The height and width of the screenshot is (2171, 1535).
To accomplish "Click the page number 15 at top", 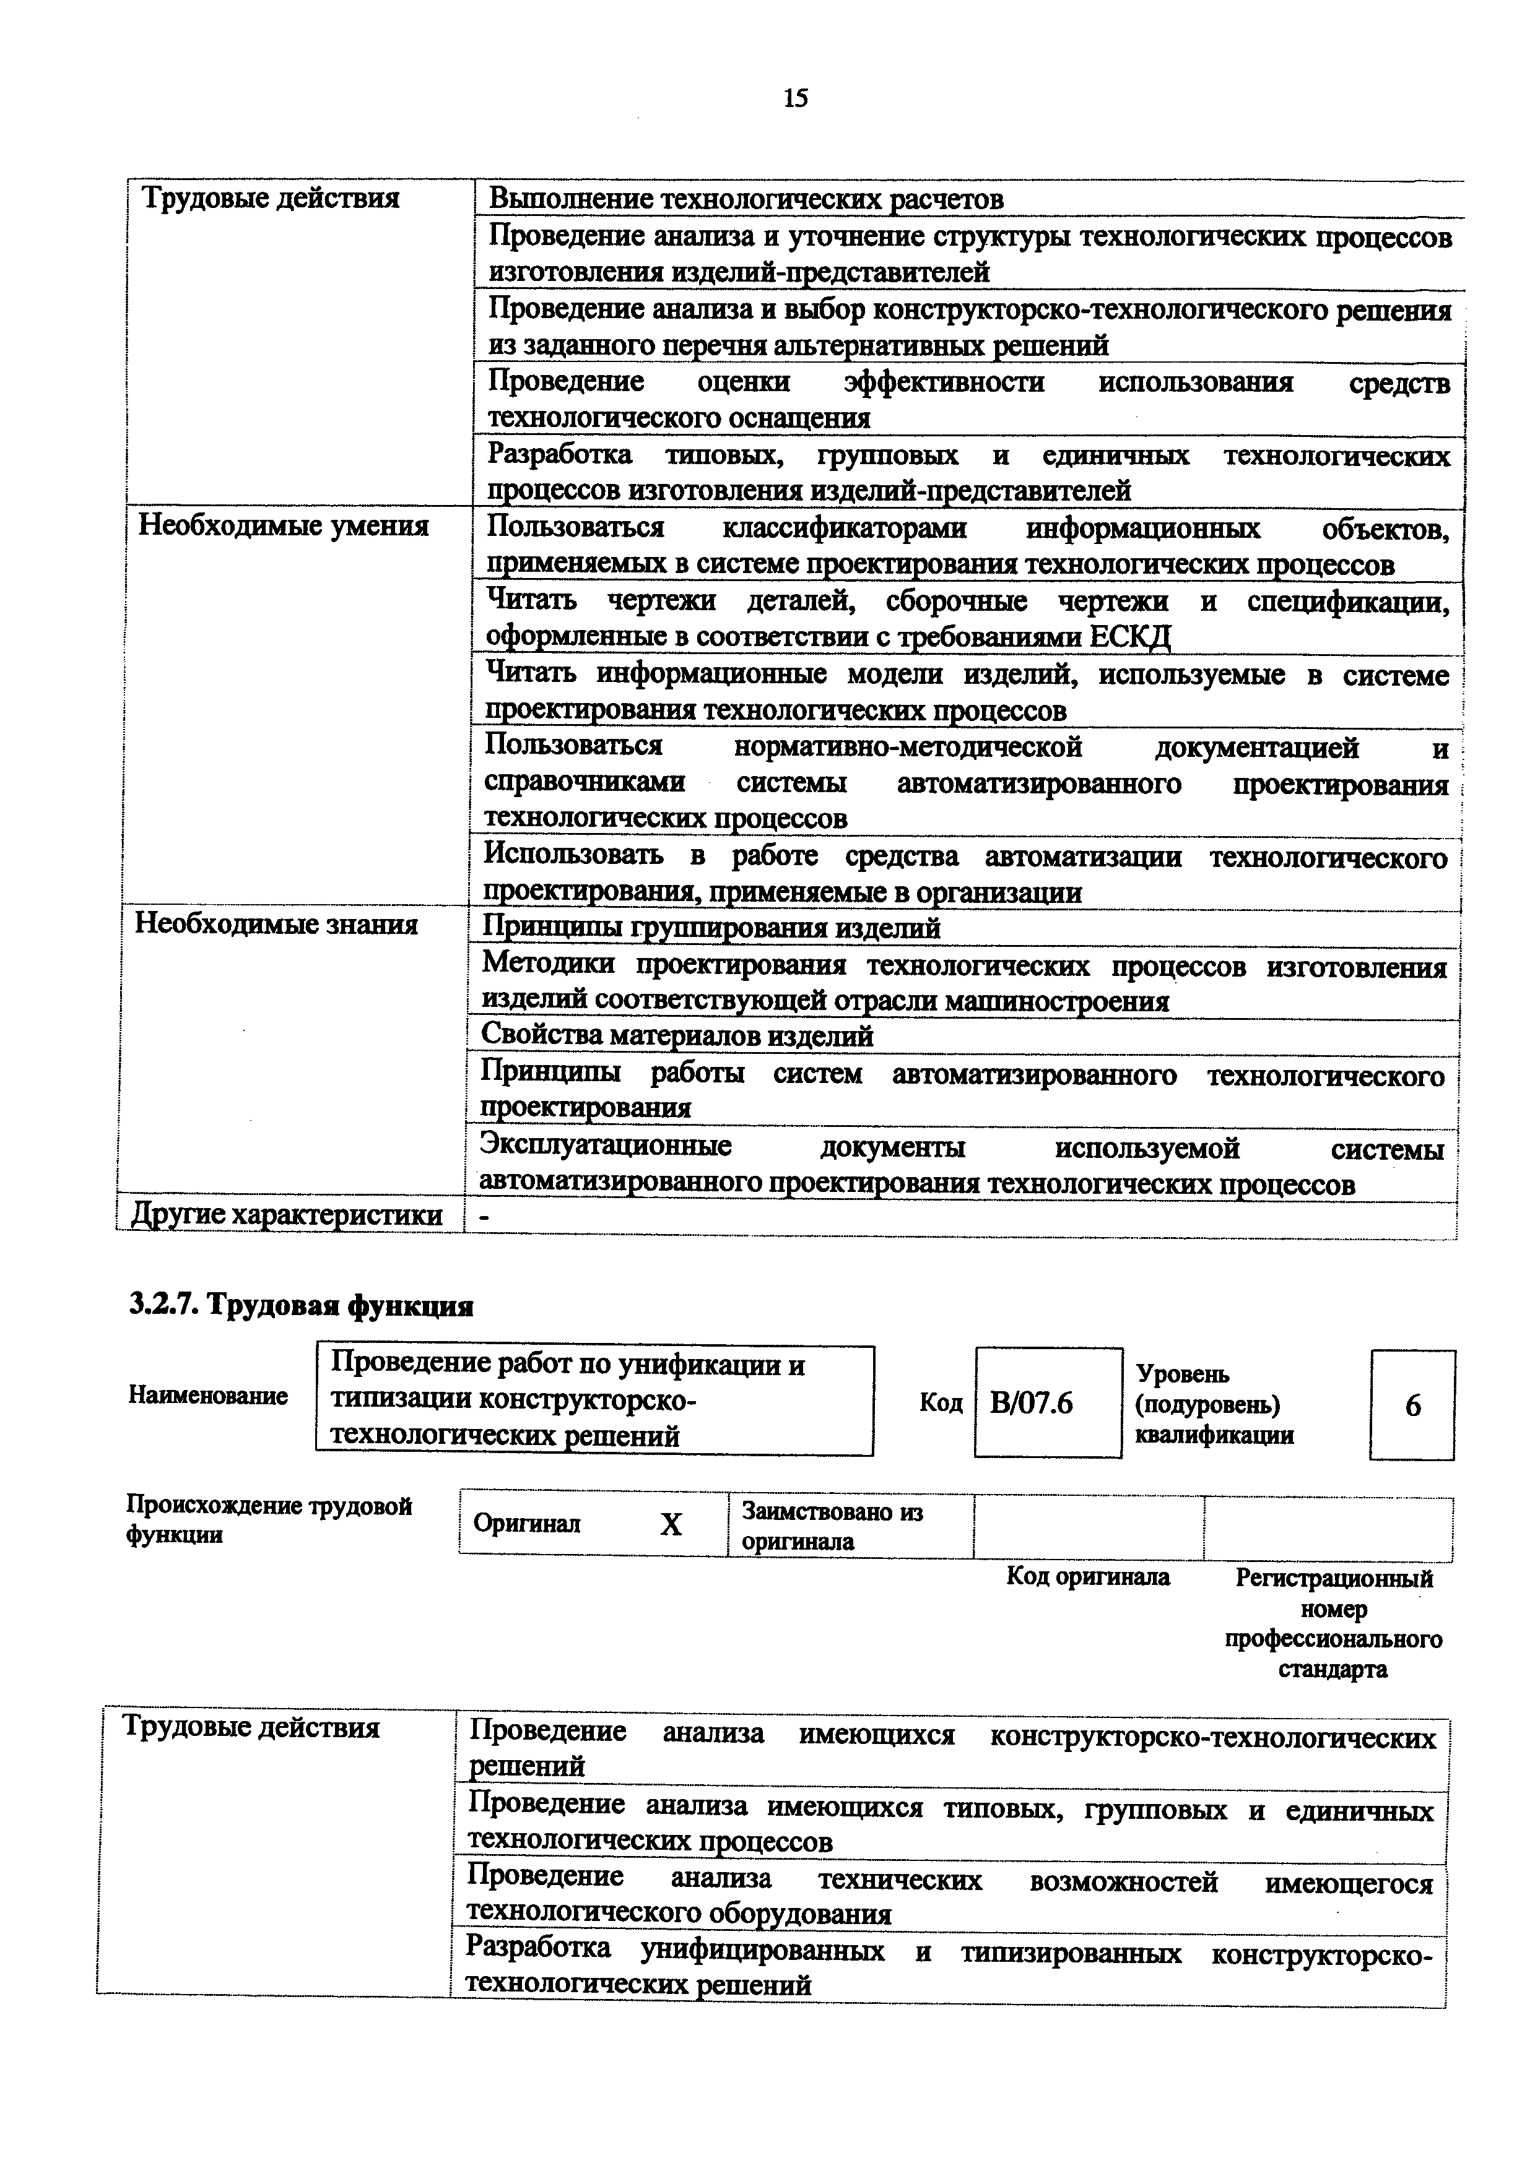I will pos(796,98).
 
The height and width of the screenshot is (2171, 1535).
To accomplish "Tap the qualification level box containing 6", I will pos(1412,1405).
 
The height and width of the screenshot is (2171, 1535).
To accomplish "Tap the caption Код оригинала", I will pos(1088,1576).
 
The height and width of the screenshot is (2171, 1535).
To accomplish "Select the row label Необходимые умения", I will pos(284,525).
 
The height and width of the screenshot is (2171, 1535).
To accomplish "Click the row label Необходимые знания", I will pos(276,924).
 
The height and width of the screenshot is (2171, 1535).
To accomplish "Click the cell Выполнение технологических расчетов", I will pos(746,199).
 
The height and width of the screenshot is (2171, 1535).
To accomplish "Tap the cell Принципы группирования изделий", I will pos(711,928).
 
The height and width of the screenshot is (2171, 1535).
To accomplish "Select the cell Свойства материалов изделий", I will pos(677,1037).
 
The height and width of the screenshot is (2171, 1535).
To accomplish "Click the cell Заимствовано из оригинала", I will pos(832,1525).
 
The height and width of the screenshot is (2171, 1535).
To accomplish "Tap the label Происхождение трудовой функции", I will pos(269,1519).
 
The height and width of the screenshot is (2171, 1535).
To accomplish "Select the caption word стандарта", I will pos(1333,1669).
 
